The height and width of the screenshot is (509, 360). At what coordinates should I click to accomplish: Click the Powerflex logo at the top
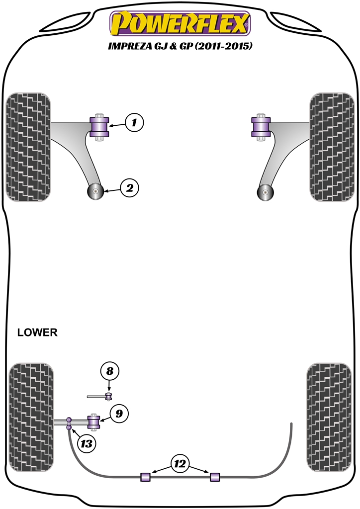(x=180, y=23)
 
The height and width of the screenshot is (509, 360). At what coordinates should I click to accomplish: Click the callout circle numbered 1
(x=134, y=122)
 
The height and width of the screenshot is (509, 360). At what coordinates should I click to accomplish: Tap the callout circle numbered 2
(x=129, y=188)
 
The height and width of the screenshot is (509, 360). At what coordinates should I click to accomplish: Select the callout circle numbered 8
(x=110, y=371)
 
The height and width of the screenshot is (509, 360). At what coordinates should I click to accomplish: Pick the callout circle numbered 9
(x=119, y=414)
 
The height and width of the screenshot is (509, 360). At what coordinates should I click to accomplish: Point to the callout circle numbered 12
(x=180, y=464)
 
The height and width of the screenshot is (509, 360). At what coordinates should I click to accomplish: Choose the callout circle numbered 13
(x=87, y=443)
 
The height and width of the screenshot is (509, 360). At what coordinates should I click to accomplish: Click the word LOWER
(x=37, y=333)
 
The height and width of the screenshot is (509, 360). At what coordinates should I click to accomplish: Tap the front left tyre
(x=28, y=146)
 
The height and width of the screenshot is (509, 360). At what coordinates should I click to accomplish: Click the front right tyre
(x=332, y=146)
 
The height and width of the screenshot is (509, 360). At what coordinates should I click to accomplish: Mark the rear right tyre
(x=330, y=417)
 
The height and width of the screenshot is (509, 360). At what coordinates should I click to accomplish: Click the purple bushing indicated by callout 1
(x=99, y=128)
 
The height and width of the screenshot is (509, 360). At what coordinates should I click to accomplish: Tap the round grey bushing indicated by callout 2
(x=94, y=191)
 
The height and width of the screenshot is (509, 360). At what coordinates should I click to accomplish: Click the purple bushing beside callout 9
(x=93, y=422)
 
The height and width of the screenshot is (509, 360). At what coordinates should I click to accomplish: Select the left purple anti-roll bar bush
(x=146, y=476)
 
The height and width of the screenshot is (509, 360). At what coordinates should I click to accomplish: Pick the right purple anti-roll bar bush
(x=215, y=476)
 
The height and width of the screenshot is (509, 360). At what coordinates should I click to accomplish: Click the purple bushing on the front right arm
(x=261, y=128)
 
